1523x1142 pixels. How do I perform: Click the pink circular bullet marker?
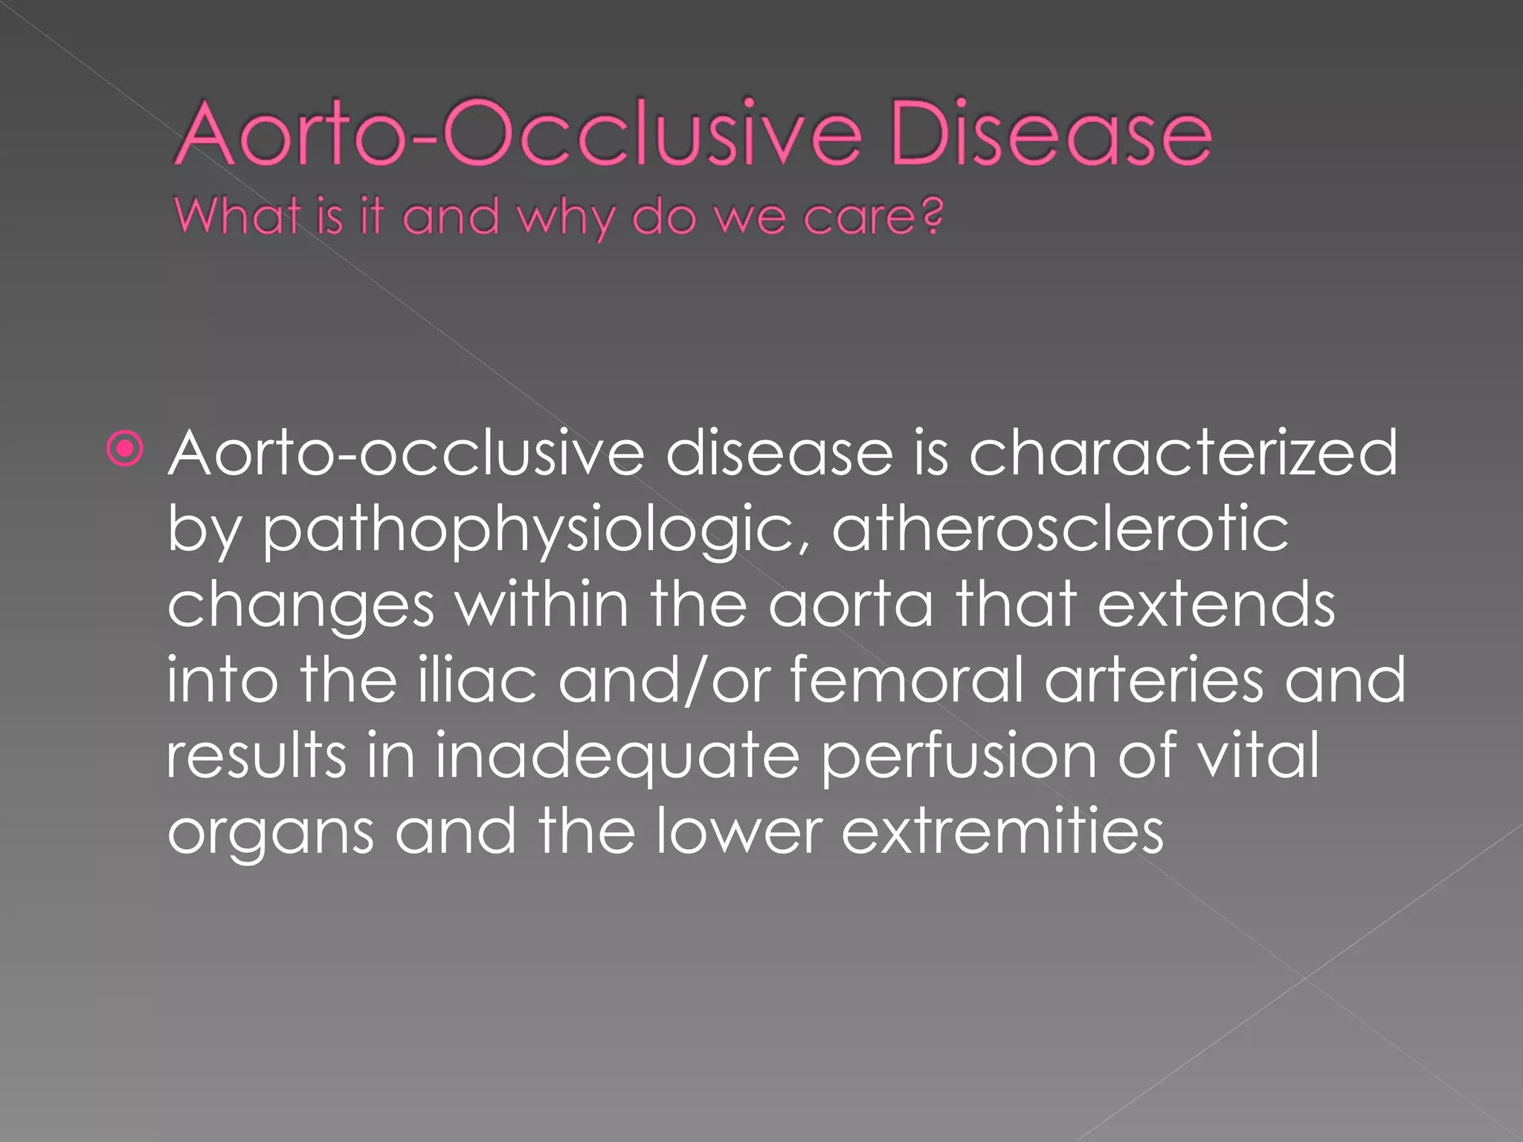tap(125, 449)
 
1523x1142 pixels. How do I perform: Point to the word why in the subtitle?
tap(567, 219)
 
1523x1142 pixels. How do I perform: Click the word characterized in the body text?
tap(1182, 454)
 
